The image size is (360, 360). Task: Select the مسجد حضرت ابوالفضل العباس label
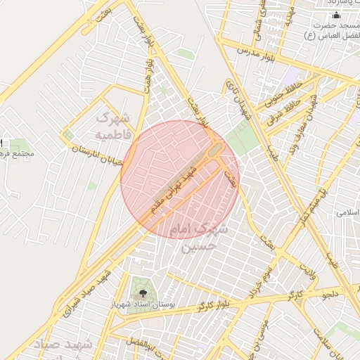click(335, 30)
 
